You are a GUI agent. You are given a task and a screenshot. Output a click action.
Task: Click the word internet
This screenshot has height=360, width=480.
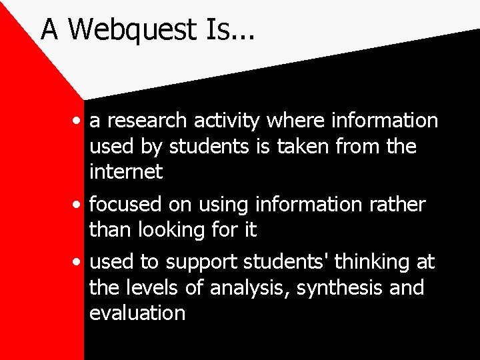(x=125, y=171)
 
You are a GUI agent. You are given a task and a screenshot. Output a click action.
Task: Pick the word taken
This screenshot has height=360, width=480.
(x=316, y=146)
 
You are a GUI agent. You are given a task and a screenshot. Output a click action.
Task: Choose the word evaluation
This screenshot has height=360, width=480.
(x=137, y=313)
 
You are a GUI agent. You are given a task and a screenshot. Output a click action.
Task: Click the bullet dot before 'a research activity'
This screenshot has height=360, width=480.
(x=79, y=121)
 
